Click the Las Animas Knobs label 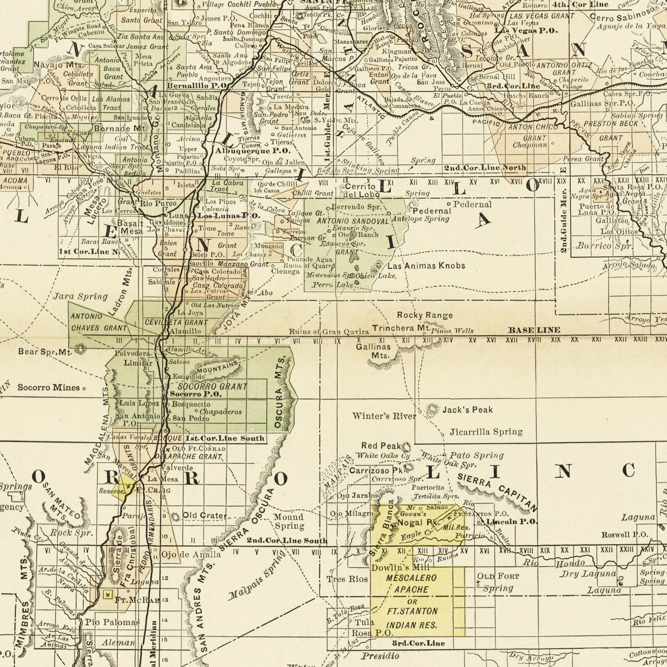426,265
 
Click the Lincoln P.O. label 512,521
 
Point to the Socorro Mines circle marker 84,389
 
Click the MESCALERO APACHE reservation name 411,584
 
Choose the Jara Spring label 81,296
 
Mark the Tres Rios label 347,579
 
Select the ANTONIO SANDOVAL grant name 353,221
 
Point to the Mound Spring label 289,521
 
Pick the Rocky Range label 425,315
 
